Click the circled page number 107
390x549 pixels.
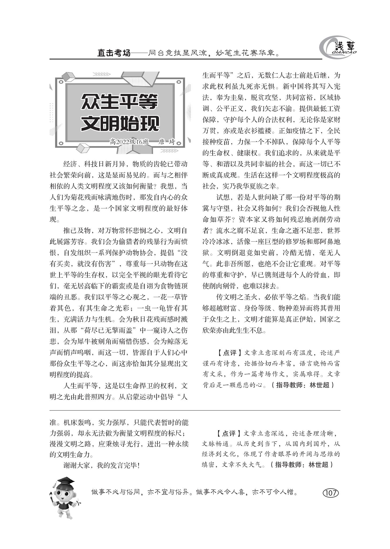(x=331, y=492)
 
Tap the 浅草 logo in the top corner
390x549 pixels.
(x=338, y=48)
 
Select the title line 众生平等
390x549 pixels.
(x=120, y=102)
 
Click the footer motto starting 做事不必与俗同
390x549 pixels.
(x=194, y=492)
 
